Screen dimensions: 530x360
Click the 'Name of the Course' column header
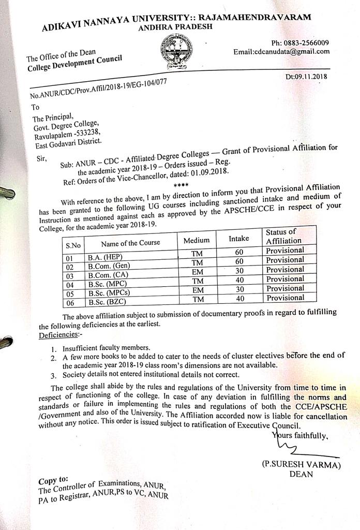click(130, 242)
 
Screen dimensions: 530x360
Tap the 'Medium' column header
click(197, 240)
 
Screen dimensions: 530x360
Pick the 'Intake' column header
click(239, 239)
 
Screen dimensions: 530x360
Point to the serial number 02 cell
click(70, 267)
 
